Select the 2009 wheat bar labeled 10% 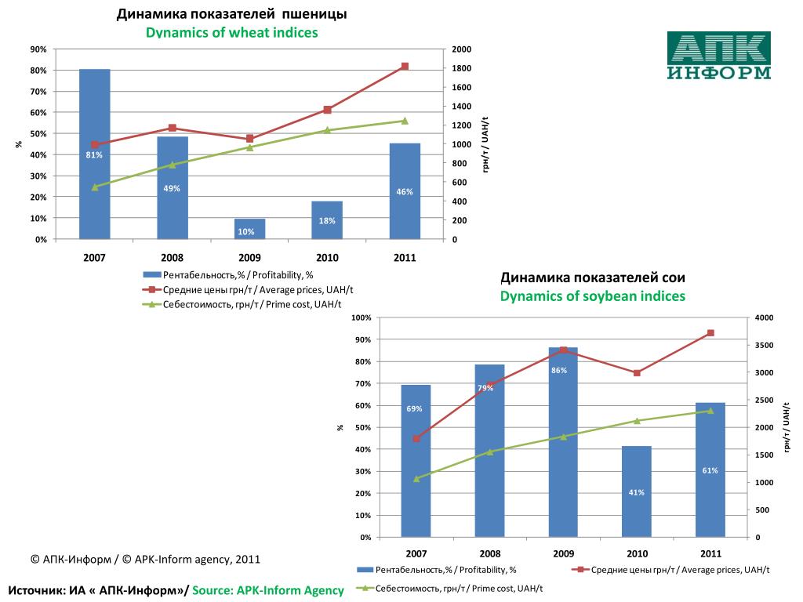249,229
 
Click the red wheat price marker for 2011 405,67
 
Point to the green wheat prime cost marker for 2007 95,187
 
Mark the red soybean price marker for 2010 637,373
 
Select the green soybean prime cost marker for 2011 710,411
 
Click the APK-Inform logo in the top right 718,56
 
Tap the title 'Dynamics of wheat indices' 232,32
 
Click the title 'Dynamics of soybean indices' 593,296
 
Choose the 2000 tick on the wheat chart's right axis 461,49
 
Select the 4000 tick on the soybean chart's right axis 764,317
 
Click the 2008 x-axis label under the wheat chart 172,257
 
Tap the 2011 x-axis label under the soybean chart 710,553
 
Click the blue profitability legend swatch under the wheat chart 152,275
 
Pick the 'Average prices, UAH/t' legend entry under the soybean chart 678,570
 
